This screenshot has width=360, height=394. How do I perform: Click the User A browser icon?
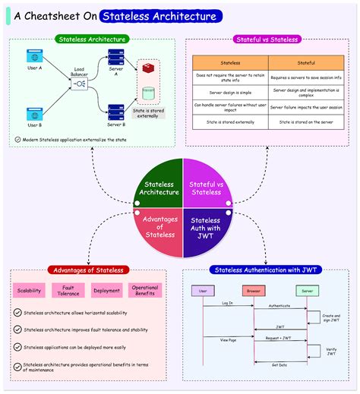point(34,56)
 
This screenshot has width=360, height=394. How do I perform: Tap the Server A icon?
point(116,58)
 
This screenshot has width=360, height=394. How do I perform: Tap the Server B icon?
point(116,111)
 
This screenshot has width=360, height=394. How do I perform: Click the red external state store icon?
point(150,71)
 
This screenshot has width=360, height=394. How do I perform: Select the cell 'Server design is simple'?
point(230,91)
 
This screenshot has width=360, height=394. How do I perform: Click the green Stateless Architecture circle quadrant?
point(158,185)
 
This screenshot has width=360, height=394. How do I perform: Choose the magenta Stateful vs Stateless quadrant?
point(206,185)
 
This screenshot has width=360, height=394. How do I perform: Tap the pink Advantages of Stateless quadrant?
point(158,229)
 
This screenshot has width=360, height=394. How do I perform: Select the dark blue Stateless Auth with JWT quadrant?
point(206,229)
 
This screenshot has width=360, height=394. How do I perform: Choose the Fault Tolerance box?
point(68,290)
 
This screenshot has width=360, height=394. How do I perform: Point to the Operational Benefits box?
point(144,290)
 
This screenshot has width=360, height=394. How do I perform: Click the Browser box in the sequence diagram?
point(253,291)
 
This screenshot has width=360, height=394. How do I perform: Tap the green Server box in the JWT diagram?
point(308,291)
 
